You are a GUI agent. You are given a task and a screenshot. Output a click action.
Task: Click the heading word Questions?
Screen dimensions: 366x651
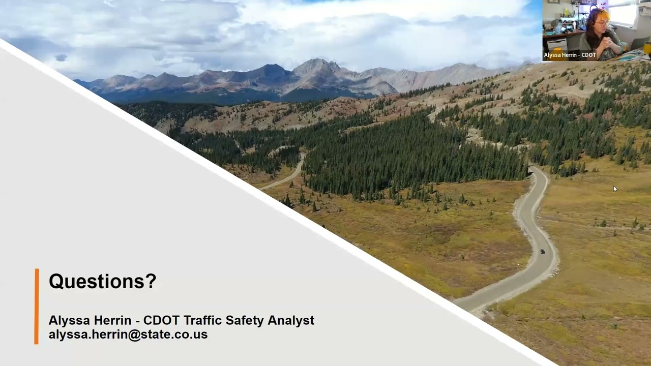tap(102, 281)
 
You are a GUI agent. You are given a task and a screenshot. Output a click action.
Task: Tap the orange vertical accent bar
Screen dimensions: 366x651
tap(37, 306)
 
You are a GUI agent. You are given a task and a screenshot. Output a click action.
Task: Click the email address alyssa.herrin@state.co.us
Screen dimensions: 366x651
tap(128, 334)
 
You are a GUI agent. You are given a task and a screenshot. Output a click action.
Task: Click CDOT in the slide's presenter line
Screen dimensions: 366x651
tap(161, 320)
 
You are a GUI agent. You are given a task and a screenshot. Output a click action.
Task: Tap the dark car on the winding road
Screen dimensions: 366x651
tap(543, 252)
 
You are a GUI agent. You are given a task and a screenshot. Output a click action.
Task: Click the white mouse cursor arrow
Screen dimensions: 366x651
tap(614, 189)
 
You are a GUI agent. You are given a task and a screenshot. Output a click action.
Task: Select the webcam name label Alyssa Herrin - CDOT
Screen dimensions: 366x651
tap(570, 55)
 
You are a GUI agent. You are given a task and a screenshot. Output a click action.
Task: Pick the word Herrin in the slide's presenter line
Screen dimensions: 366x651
tap(112, 320)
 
